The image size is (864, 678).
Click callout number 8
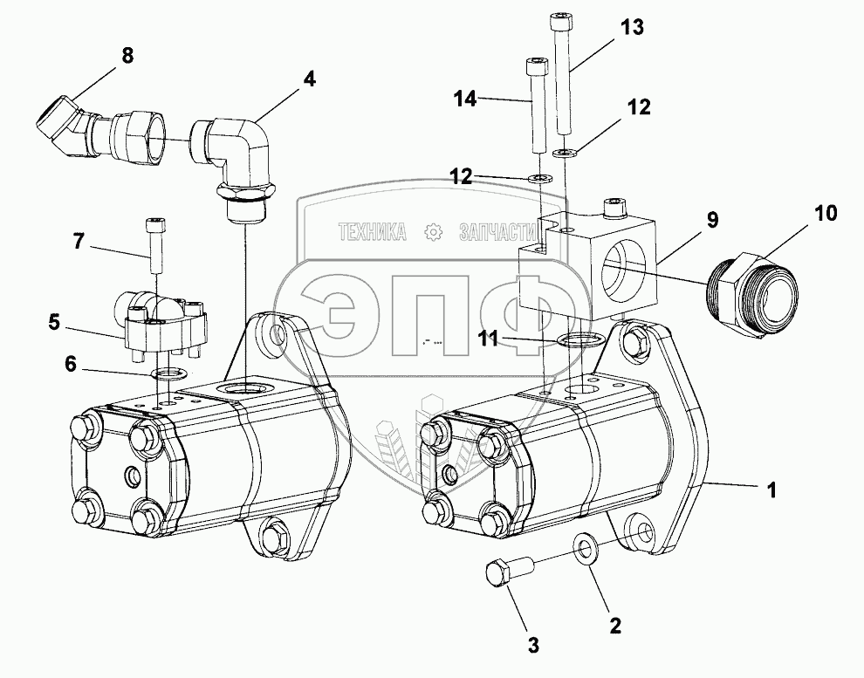coord(127,57)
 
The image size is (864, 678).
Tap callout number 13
coord(632,27)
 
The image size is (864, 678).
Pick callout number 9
coord(713,220)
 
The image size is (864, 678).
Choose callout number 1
coord(771,490)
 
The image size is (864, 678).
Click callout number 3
coord(532,646)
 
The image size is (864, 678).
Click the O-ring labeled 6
coord(167,374)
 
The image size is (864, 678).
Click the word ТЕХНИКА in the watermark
coord(373,231)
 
